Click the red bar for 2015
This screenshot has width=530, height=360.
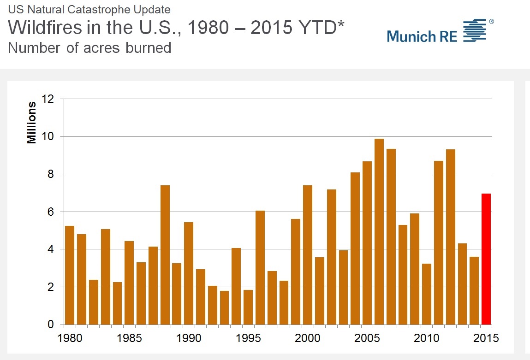[x=486, y=259]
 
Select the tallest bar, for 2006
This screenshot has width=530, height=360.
[x=379, y=231]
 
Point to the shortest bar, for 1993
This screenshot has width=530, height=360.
[x=224, y=307]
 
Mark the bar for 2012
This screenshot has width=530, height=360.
[x=450, y=237]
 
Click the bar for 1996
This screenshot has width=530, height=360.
[x=260, y=267]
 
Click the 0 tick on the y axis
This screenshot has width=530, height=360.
[x=51, y=325]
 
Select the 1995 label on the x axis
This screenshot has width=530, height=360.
[x=248, y=338]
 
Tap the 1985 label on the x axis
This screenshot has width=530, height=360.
[x=129, y=338]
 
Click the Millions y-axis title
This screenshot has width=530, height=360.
[x=32, y=123]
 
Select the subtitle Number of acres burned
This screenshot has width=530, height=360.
[x=89, y=48]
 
